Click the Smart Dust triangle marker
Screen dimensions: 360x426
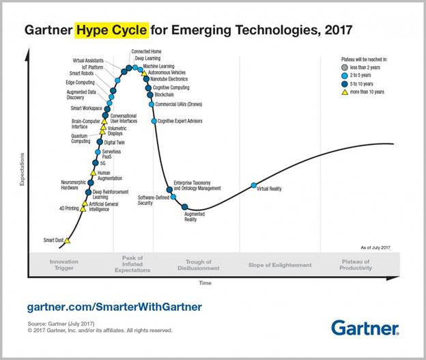tap(67, 240)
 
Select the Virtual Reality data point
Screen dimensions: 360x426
tap(254, 185)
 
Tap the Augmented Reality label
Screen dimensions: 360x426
tap(195, 217)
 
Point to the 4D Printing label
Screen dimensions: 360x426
tap(69, 208)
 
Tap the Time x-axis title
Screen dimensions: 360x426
tap(205, 281)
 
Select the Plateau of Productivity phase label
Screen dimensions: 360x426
tap(356, 265)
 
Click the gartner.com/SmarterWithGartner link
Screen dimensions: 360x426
tap(114, 307)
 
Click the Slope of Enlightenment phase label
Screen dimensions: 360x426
tap(280, 265)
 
